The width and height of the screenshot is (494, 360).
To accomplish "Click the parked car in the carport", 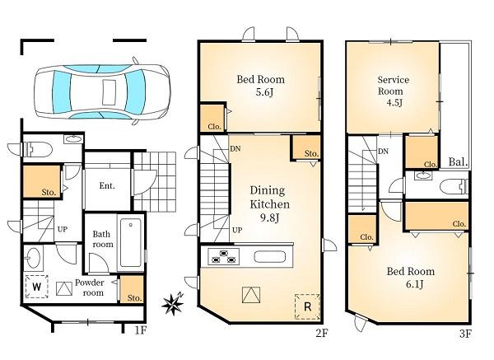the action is coord(102,91).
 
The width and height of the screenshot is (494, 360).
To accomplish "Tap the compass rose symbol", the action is coord(173,304).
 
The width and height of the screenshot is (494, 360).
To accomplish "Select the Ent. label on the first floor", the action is coord(107,185).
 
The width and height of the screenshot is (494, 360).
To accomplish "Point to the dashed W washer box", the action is coord(36,287).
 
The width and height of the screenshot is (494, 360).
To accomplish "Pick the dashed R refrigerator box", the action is coord(307,306).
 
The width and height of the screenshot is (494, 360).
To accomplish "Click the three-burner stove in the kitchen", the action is coord(223,256).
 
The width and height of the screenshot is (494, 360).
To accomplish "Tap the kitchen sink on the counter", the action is coord(270,256).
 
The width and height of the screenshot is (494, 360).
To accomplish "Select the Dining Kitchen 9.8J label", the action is coord(270,204).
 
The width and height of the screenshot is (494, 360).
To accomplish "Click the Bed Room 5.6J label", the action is coord(261,85).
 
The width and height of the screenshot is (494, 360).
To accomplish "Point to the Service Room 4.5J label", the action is coord(393,91).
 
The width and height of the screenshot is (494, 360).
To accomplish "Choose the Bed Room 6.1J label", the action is coord(411,278).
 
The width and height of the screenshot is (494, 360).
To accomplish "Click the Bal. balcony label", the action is coord(458,162).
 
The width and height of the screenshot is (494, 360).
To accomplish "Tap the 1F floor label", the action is coord(141,330).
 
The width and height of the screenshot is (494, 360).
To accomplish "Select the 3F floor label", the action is coord(465,334).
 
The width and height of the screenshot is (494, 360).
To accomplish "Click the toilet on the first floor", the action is coord(39,149).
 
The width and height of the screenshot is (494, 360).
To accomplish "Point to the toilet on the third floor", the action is coord(454,186).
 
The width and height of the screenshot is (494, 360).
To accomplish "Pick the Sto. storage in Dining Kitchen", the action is coord(305,147).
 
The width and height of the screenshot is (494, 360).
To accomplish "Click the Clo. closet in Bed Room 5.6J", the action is coord(212,117).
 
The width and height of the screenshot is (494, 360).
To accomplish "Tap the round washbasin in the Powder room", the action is coord(33,257).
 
